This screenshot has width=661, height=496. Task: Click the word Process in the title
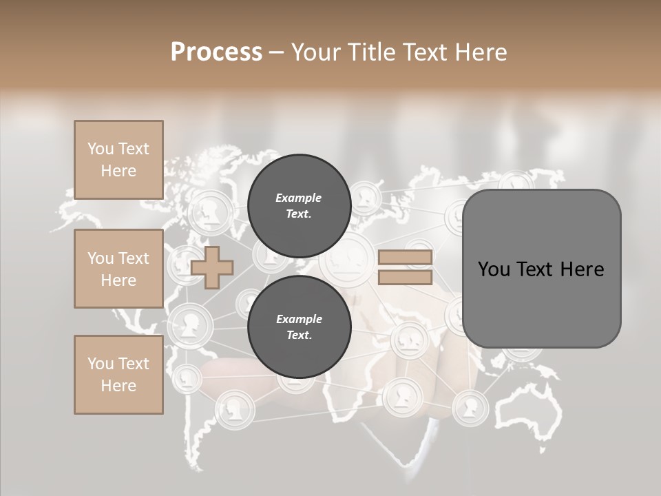tap(216, 52)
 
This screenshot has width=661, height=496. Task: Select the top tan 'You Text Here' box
tap(118, 160)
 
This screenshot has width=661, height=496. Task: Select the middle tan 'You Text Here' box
tap(118, 269)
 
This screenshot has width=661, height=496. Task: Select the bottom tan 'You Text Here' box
tap(118, 374)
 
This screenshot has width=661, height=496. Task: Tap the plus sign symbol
tap(212, 267)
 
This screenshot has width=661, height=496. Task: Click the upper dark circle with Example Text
tap(299, 205)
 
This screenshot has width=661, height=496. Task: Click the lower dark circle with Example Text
tap(299, 327)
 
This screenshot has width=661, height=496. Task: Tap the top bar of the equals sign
tap(405, 258)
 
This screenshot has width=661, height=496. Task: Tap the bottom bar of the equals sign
tap(405, 277)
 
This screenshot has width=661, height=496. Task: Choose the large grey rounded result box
tap(541, 269)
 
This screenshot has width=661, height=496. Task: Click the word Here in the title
tap(481, 52)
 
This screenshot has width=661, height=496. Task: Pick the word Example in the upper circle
tap(299, 198)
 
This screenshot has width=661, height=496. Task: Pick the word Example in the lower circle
tap(299, 319)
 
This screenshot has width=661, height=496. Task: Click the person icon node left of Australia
tap(471, 408)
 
